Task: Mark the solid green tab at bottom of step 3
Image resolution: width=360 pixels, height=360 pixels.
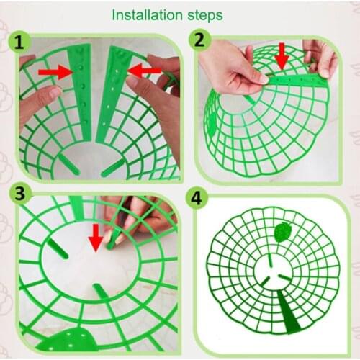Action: (x=78, y=343)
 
